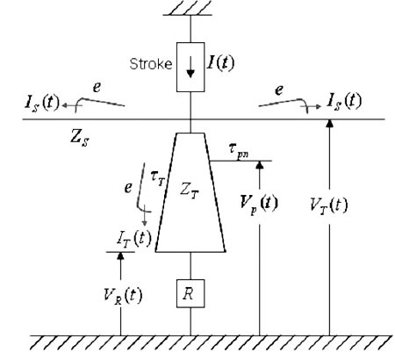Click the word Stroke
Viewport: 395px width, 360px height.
[151, 64]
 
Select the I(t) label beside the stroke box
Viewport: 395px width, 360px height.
[220, 62]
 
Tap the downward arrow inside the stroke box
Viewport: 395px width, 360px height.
[190, 67]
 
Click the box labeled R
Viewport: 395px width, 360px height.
[190, 293]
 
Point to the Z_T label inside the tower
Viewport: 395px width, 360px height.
[190, 191]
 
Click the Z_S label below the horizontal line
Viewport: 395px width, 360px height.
[80, 137]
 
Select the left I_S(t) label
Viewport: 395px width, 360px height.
[42, 104]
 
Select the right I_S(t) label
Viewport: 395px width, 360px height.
[344, 101]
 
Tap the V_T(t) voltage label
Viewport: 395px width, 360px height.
[329, 205]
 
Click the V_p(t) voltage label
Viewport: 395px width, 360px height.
[259, 203]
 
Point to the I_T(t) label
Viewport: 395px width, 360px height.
[134, 239]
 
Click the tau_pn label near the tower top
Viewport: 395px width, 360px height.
[239, 150]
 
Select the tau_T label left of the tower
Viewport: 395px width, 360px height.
[158, 178]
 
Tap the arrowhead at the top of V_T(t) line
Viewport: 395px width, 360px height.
[330, 123]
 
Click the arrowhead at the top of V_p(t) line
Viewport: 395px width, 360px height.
[260, 165]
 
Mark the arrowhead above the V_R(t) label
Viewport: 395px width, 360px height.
[120, 256]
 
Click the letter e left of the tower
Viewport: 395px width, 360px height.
[128, 187]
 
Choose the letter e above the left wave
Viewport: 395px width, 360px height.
[97, 87]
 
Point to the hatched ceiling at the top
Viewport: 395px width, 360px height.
[188, 8]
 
